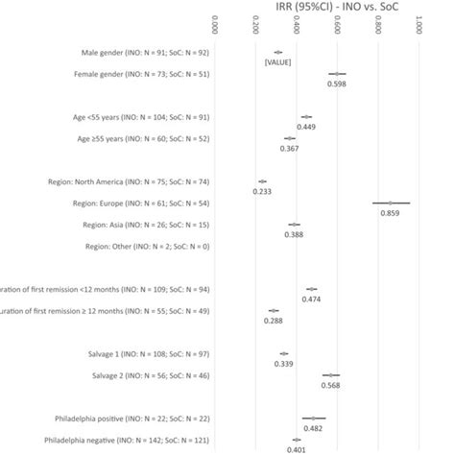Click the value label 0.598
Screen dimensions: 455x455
[x=337, y=84]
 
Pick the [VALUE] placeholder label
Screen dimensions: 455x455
[x=278, y=62]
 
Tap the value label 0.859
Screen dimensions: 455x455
[x=390, y=213]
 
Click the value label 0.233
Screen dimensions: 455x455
[x=262, y=191]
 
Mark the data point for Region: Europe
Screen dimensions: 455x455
[x=391, y=203]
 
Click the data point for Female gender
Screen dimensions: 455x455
[x=337, y=73]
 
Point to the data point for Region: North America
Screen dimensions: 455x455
[x=262, y=180]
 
